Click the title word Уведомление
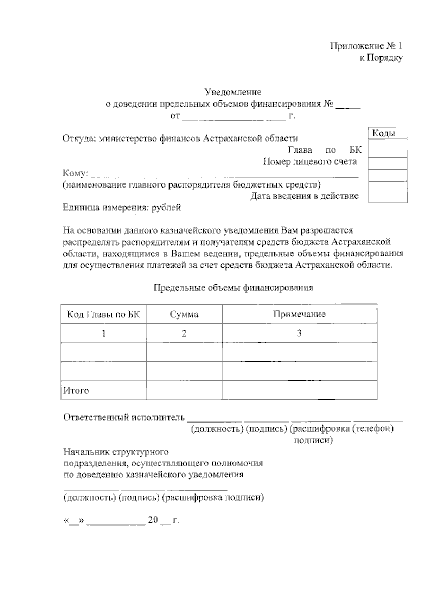coord(233,93)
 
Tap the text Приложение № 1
coord(366,46)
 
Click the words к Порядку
coord(381,58)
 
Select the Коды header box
coord(387,133)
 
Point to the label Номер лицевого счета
coord(310,161)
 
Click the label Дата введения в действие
coord(304,196)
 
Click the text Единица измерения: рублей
coord(122,208)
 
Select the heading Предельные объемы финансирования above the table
coord(233,288)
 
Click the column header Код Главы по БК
coord(103,314)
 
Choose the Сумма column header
coord(184,314)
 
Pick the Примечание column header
coord(299,314)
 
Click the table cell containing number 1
coord(103,333)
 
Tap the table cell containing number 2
coord(184,333)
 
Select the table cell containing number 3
coord(299,333)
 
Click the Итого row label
coord(76,390)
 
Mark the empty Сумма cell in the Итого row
coord(184,390)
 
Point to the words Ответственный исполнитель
coord(124,417)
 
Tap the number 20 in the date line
coord(153,520)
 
